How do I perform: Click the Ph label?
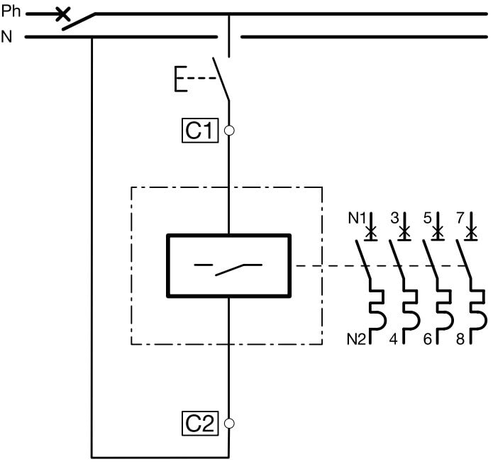tap(12, 12)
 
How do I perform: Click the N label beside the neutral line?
tap(7, 36)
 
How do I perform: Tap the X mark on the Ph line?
tap(62, 13)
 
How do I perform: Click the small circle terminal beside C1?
tap(228, 131)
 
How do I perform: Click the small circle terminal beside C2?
tap(228, 424)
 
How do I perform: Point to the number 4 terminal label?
tap(394, 339)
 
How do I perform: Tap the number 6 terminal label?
tap(428, 339)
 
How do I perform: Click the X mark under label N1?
tap(370, 231)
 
